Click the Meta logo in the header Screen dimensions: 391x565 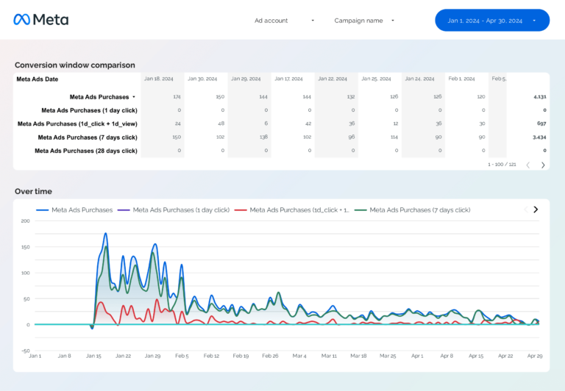tap(41, 20)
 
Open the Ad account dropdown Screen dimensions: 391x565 tap(284, 21)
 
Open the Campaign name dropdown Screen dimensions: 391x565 tap(364, 21)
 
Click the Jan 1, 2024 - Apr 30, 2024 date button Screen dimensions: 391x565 tap(491, 21)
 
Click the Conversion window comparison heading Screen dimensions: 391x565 tap(74, 65)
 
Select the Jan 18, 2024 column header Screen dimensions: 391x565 tap(159, 79)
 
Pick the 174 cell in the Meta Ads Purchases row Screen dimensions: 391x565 tap(177, 97)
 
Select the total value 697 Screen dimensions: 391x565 tap(541, 123)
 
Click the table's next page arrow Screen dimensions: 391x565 tap(543, 165)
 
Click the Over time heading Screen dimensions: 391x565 tap(33, 191)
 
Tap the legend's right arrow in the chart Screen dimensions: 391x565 tap(536, 209)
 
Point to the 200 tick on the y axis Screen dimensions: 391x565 tap(25, 220)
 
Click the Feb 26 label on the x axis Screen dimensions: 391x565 tap(271, 356)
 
